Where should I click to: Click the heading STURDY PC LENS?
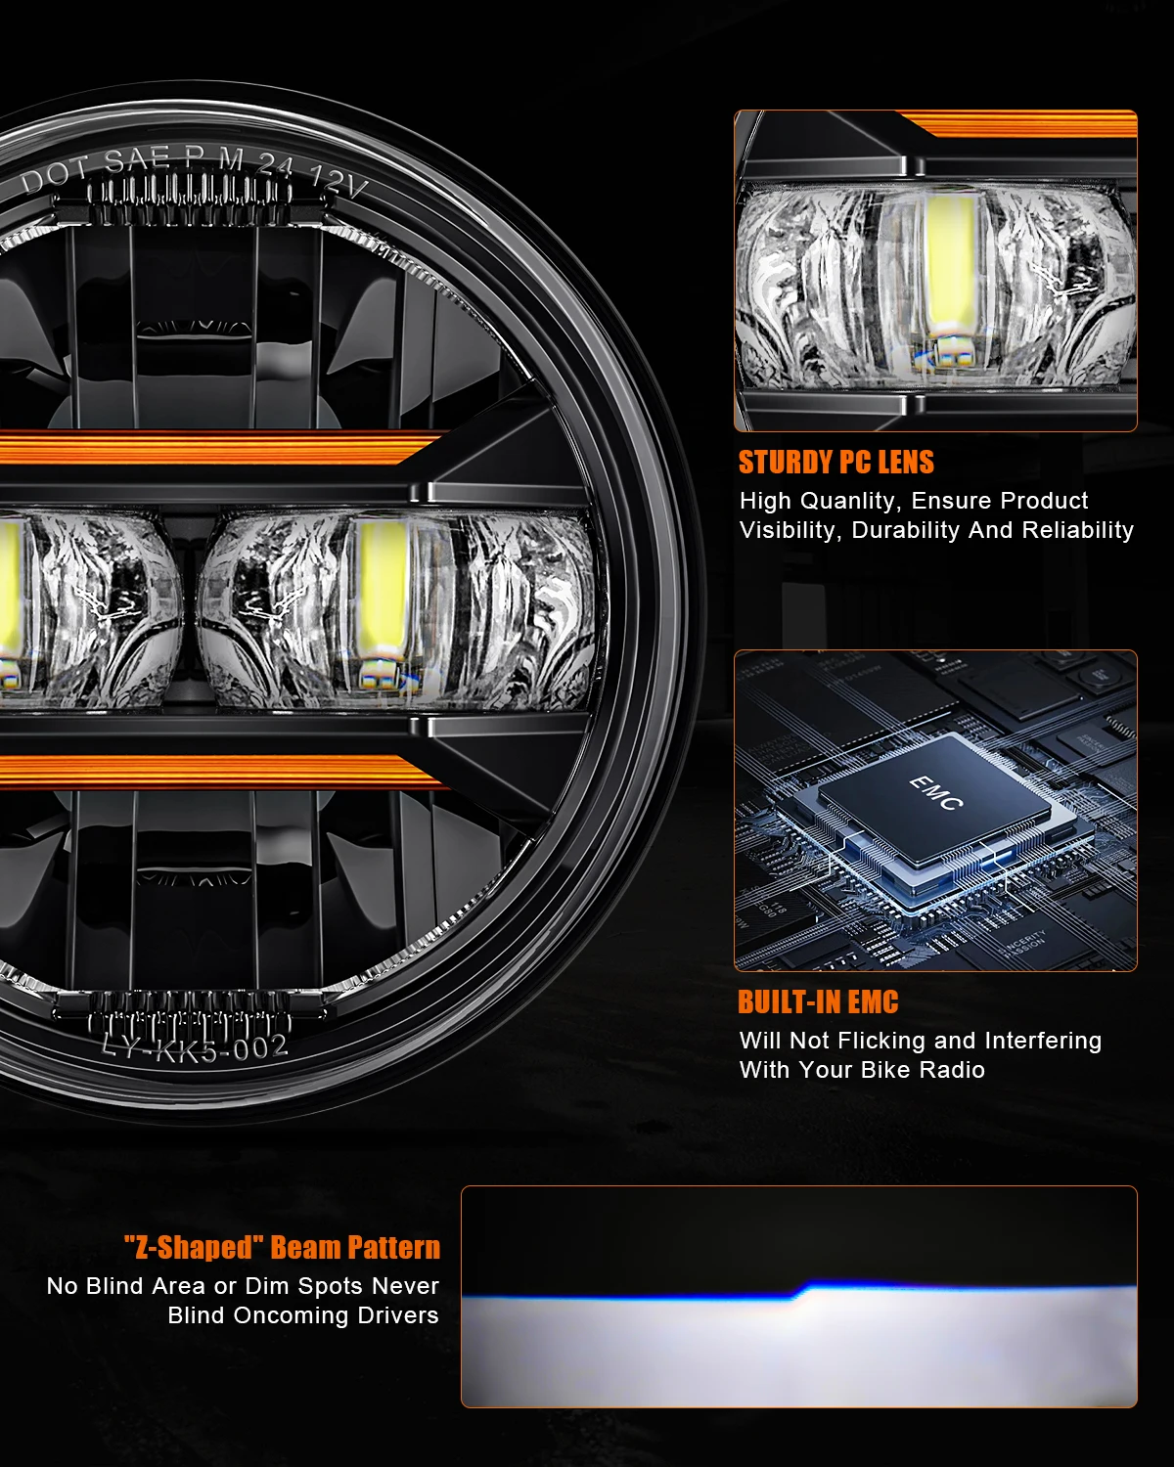[x=835, y=462]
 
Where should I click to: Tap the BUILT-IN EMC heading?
[x=817, y=1001]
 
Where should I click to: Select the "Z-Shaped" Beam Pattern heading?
[x=282, y=1247]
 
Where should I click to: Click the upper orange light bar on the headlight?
[x=215, y=448]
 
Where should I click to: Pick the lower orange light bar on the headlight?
[x=215, y=771]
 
